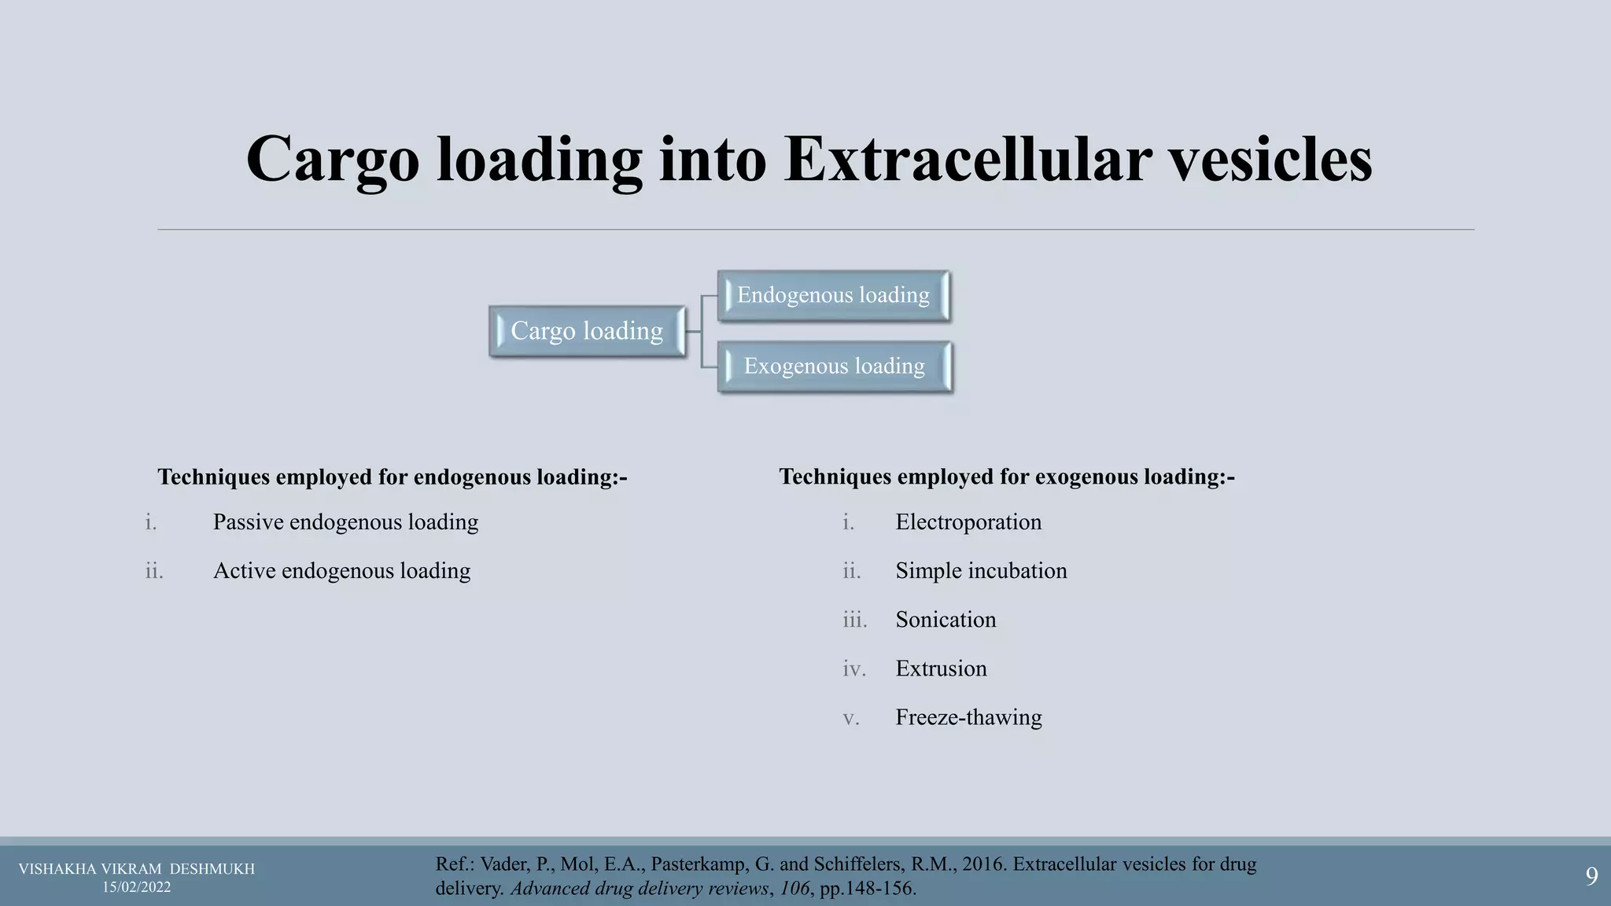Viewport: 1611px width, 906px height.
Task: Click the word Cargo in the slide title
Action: point(332,160)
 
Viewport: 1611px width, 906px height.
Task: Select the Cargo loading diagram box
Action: point(587,331)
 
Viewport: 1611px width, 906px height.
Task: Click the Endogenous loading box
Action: point(833,296)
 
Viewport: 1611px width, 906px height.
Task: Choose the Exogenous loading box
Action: point(834,366)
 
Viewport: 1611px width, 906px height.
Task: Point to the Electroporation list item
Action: point(968,522)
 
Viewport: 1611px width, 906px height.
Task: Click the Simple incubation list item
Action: point(981,571)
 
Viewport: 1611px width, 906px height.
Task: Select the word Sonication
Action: point(946,620)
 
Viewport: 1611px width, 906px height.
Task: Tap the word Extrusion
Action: point(941,668)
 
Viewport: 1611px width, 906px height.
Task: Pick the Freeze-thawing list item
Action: point(968,717)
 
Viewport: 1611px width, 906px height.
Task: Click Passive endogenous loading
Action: point(345,522)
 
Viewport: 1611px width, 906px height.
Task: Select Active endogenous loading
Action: point(341,571)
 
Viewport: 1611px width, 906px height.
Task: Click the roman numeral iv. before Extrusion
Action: point(853,668)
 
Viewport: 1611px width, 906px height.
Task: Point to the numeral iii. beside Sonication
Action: point(854,620)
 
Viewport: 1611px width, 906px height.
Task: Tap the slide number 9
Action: point(1591,876)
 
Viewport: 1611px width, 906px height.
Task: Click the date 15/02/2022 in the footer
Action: point(137,887)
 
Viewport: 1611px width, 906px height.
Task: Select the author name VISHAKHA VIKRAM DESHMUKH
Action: point(137,869)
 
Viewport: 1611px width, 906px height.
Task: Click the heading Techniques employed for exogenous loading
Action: point(1007,477)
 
